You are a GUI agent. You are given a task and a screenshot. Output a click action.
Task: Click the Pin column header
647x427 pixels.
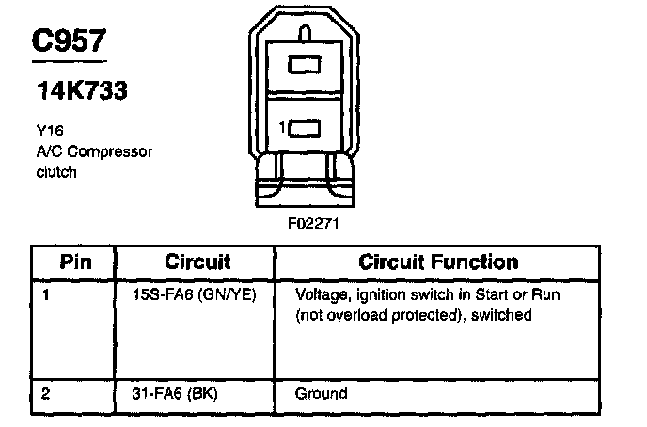pos(75,261)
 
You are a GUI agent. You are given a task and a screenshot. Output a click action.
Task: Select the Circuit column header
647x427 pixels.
pos(197,261)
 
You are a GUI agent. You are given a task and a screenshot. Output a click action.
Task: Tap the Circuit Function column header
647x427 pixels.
pos(438,261)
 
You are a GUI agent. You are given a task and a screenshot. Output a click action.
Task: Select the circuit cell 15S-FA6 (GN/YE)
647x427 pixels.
pos(201,294)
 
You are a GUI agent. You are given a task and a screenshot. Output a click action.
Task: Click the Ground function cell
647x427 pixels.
pos(321,393)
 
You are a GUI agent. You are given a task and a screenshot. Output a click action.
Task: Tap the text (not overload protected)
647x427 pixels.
pos(386,315)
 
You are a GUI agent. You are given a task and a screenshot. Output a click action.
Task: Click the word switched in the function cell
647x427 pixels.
pos(505,315)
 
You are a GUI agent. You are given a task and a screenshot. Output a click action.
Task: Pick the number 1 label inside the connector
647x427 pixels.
pos(281,126)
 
